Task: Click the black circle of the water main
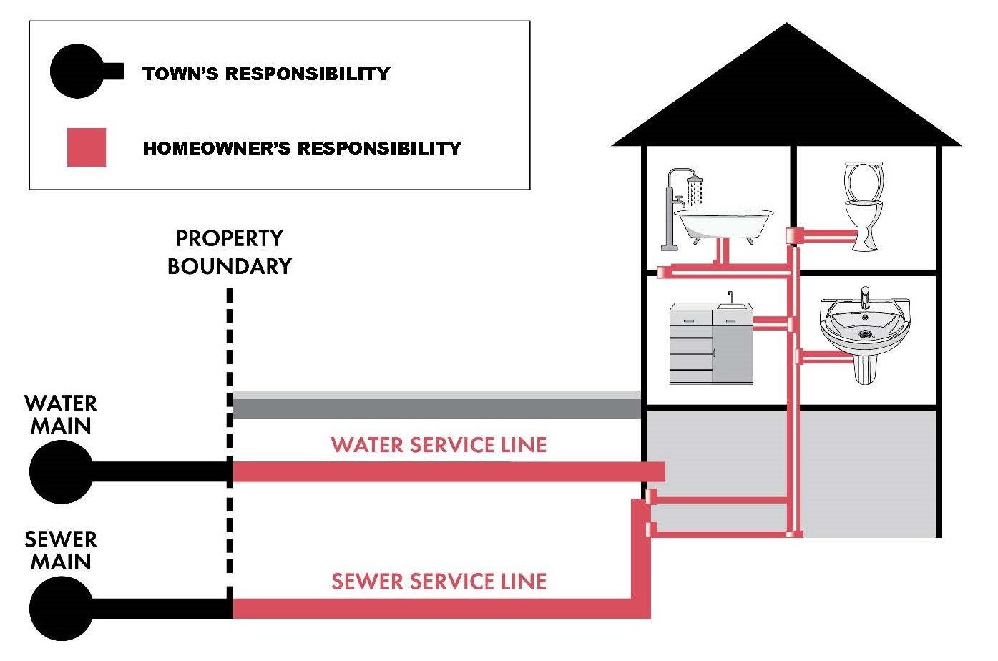[61, 472]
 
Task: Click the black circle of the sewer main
[61, 609]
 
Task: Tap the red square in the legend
[87, 147]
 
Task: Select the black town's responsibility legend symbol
[79, 72]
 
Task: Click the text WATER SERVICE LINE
[439, 445]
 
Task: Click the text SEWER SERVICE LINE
[439, 582]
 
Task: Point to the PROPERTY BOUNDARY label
[229, 252]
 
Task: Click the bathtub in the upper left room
[724, 223]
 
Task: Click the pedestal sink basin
[865, 325]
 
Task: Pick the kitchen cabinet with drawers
[691, 345]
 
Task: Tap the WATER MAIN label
[61, 414]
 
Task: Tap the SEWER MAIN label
[61, 550]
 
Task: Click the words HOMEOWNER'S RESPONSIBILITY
[302, 148]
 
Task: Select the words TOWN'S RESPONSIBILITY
[266, 74]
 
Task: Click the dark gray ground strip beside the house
[436, 408]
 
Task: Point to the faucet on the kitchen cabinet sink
[730, 297]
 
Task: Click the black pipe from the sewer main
[161, 609]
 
